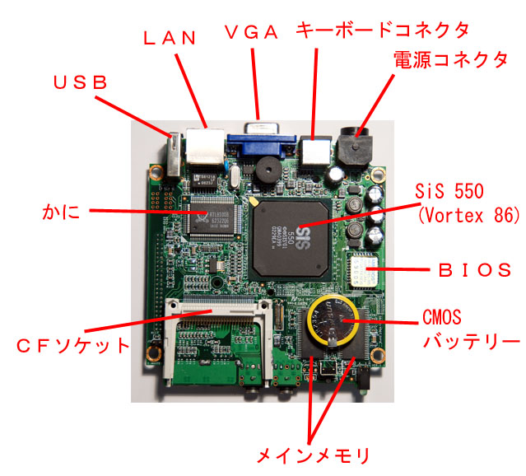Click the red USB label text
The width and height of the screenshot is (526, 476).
click(x=80, y=82)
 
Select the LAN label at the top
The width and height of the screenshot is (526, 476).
click(x=168, y=36)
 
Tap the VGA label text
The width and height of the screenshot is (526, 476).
click(x=252, y=32)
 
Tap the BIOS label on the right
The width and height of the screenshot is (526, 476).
click(x=472, y=268)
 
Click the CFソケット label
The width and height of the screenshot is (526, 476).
click(x=74, y=344)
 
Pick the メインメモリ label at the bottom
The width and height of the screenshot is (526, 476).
click(x=313, y=455)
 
